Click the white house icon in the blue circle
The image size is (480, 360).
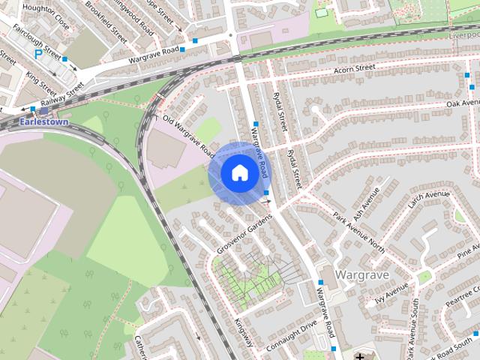[x=238, y=172]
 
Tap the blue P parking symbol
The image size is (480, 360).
[x=37, y=54]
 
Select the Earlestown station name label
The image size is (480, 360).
[x=44, y=121]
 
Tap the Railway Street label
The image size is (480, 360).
[x=62, y=96]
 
